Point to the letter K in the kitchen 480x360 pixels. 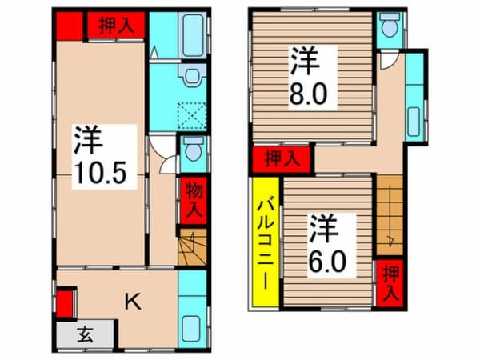[x=133, y=301]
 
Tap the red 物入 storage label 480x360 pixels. [x=193, y=199]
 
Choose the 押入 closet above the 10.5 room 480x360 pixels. [x=116, y=26]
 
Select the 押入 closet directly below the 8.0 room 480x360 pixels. [x=283, y=158]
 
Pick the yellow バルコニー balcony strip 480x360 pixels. [x=265, y=245]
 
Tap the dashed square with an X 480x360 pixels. [x=193, y=116]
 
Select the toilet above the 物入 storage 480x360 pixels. [x=192, y=150]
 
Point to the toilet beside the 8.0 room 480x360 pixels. [x=389, y=28]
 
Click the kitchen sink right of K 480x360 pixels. [x=193, y=329]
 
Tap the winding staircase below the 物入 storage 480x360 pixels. [x=192, y=248]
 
